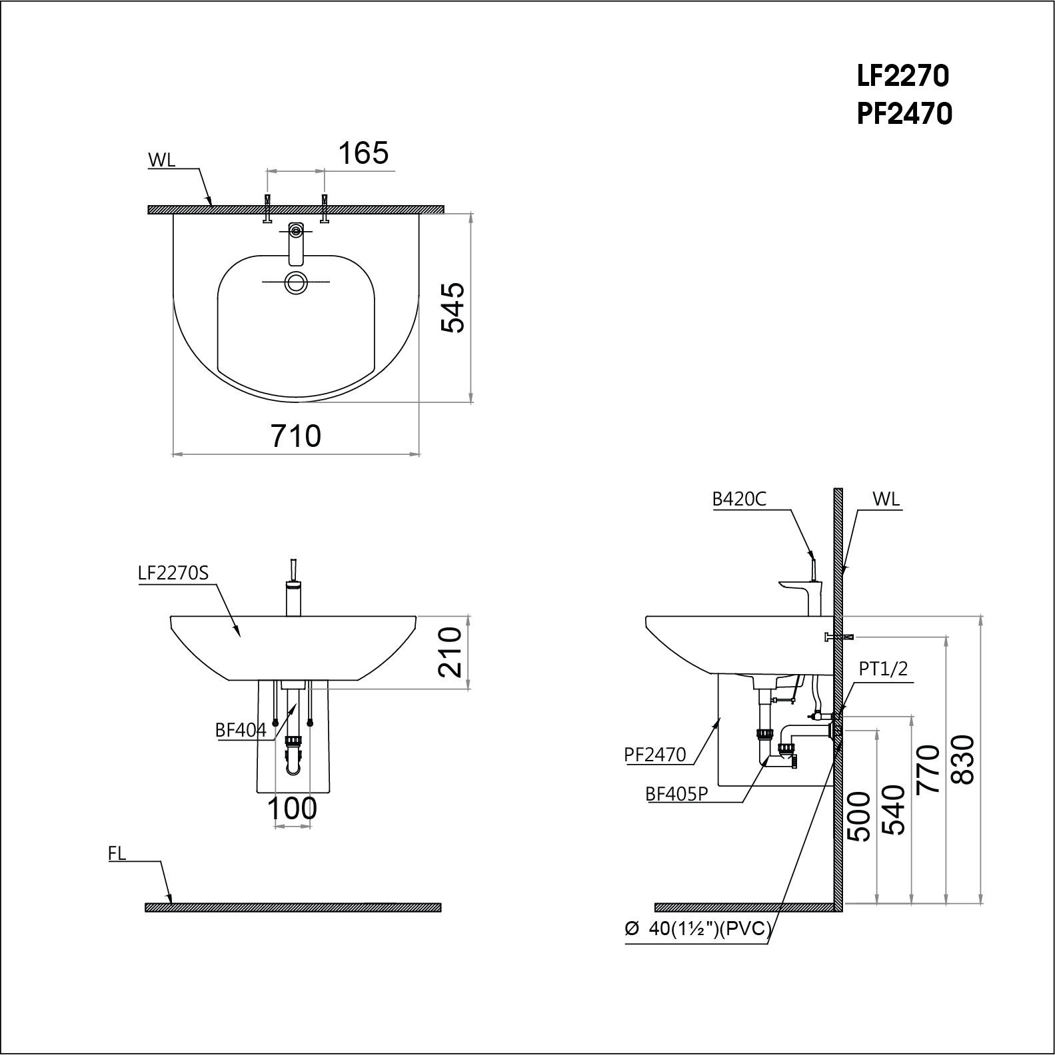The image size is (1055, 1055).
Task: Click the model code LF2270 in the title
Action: click(903, 77)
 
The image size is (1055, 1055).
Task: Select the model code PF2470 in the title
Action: click(904, 115)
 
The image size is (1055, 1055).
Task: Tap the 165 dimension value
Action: click(363, 154)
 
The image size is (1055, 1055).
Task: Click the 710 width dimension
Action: click(296, 436)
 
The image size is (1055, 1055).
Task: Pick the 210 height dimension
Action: click(451, 652)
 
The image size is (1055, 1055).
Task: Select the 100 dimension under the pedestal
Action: click(292, 809)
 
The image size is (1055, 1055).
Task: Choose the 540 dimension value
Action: click(894, 811)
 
